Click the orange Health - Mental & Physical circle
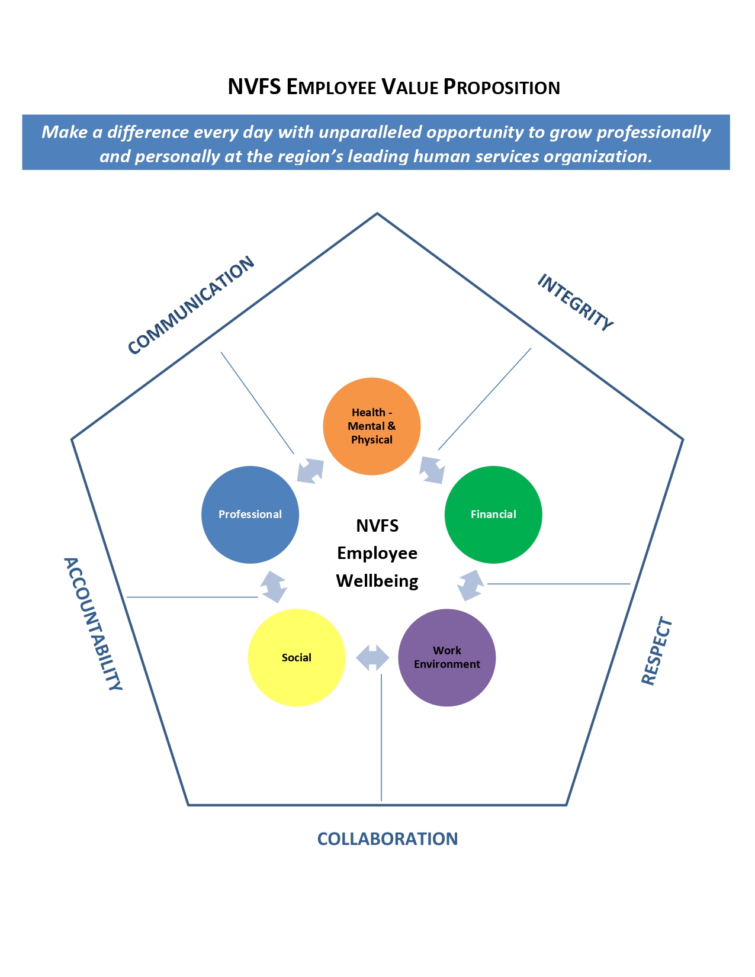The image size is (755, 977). (372, 426)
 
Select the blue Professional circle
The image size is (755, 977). (250, 515)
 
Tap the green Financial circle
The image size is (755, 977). (493, 515)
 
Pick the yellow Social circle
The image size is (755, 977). (296, 658)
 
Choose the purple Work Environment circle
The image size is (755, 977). (447, 658)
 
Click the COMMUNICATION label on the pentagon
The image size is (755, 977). (191, 306)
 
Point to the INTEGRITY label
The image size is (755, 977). (575, 302)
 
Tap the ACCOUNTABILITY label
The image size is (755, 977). (93, 624)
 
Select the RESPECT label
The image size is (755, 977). (657, 651)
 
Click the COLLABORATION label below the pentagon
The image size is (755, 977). (387, 839)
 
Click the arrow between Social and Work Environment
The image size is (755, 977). (372, 658)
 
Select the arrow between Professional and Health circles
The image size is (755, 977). (310, 471)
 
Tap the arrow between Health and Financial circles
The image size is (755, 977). (432, 470)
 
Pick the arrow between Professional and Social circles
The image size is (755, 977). (274, 587)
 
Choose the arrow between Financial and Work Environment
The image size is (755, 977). (471, 585)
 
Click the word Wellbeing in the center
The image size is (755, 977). (377, 581)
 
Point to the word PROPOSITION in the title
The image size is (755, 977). (502, 87)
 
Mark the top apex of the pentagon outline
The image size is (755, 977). (377, 213)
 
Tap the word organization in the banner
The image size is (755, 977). (597, 156)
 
